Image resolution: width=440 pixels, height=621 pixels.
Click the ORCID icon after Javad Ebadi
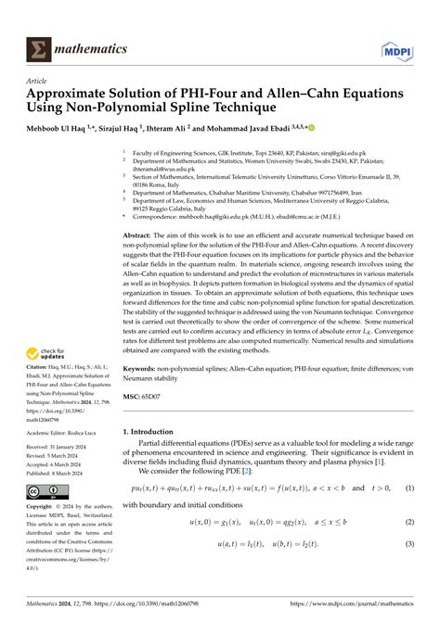click(x=299, y=130)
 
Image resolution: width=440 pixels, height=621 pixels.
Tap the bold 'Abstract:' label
click(x=141, y=238)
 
